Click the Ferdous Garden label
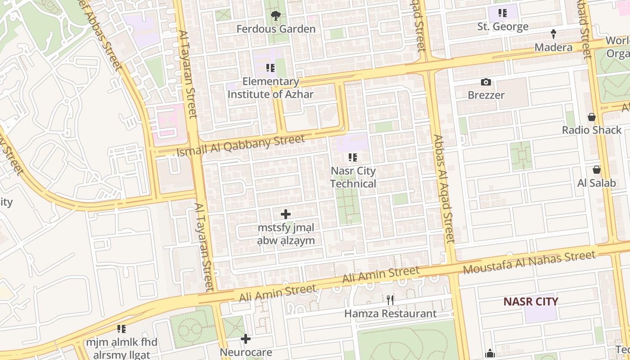276,29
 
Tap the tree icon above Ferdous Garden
276,16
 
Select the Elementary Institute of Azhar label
270,88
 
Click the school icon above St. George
503,13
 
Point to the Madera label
553,47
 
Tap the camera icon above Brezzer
486,82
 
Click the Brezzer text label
486,95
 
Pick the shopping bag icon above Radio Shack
592,117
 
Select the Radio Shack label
592,130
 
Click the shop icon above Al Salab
597,170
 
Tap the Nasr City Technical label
353,177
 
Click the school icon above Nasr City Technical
353,157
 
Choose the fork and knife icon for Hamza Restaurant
390,300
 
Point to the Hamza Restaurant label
390,314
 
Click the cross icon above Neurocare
246,338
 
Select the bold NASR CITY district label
531,301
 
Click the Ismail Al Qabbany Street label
241,146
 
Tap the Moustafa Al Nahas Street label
530,262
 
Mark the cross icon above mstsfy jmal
286,214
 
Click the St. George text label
503,27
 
